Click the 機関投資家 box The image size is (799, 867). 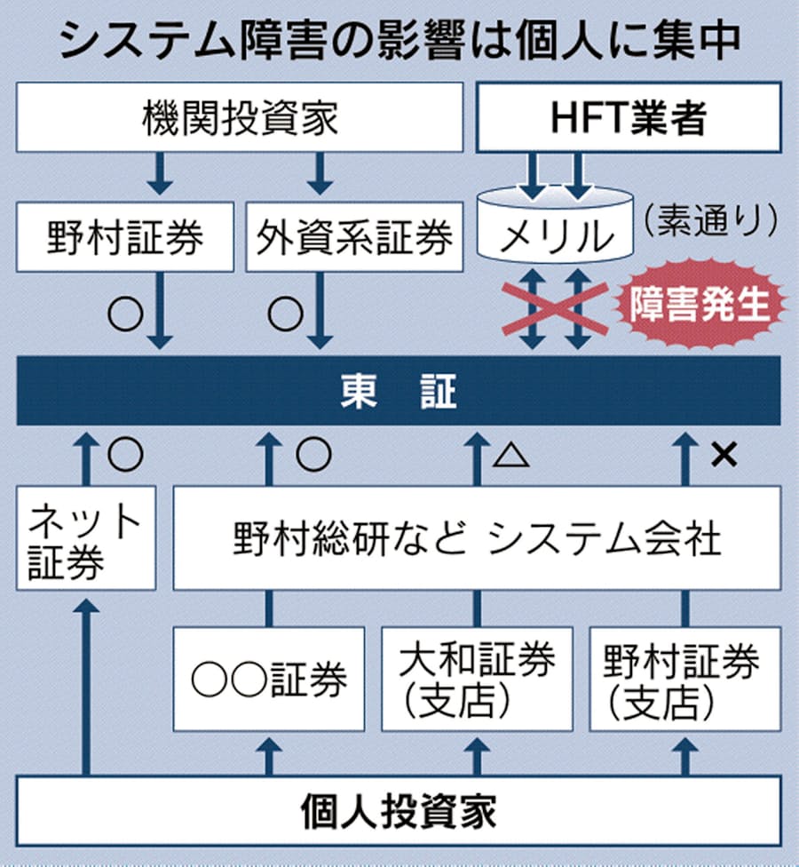tap(240, 117)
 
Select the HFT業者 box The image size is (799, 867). tap(629, 117)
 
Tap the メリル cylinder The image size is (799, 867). tap(556, 235)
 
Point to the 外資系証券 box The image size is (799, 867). tap(354, 236)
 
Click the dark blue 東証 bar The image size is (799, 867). tap(399, 391)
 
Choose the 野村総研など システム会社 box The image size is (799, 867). tap(477, 537)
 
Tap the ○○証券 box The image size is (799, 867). tap(269, 680)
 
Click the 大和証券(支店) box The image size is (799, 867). tap(477, 680)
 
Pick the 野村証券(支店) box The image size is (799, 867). tap(684, 680)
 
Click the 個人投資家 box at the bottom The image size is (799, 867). tap(399, 812)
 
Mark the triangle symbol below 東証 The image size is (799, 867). tap(511, 456)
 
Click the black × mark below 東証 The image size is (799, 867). tap(724, 455)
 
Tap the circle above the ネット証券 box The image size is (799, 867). tap(124, 455)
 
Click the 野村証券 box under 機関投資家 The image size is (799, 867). tap(125, 236)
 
